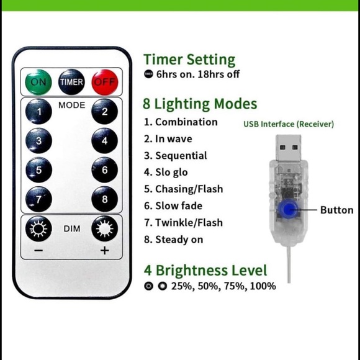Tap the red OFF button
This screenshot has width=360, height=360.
tap(105, 82)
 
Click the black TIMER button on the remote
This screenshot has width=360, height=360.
tap(71, 82)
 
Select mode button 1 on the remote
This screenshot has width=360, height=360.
tap(38, 111)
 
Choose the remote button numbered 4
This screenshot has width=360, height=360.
tap(105, 140)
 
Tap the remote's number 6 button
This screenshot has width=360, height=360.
tap(105, 169)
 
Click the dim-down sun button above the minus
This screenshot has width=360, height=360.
tap(38, 228)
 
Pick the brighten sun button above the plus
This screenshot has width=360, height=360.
tap(105, 228)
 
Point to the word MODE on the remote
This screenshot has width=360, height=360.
tap(71, 105)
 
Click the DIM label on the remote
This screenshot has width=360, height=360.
tap(72, 228)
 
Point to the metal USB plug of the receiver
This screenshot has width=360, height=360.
tap(289, 148)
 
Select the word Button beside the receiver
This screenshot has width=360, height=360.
tap(336, 210)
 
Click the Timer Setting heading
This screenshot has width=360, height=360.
tap(189, 60)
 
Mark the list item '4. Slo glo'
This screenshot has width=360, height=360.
tap(166, 172)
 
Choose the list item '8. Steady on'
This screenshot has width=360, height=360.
tap(173, 240)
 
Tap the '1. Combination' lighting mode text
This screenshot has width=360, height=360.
tap(181, 122)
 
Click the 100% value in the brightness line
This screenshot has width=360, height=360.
tap(263, 286)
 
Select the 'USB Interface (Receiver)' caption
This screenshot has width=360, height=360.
tap(289, 124)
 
